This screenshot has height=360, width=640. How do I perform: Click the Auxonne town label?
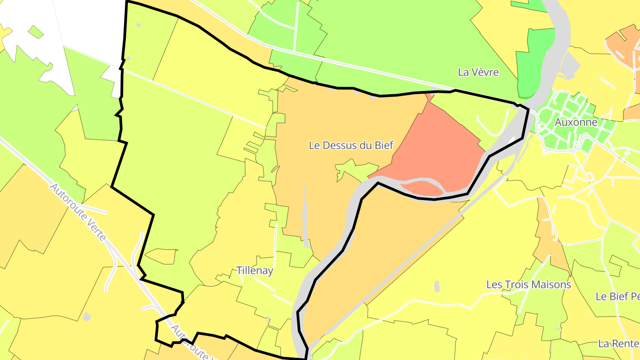pos(576,122)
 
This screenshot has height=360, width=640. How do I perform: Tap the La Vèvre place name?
pos(478,72)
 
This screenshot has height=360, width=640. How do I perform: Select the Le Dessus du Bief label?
pos(351,145)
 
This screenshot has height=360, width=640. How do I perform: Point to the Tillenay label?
pos(255,270)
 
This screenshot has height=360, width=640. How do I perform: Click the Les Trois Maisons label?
pos(528,284)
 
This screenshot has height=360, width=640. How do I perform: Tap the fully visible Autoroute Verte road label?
pos(78,212)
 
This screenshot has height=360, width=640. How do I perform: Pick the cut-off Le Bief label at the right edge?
pos(617,296)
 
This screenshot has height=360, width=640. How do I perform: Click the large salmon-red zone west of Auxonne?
pos(436,147)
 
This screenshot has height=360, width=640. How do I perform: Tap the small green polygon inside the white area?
pos(36,32)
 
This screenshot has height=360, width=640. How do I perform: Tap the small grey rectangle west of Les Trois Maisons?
pos(436,286)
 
